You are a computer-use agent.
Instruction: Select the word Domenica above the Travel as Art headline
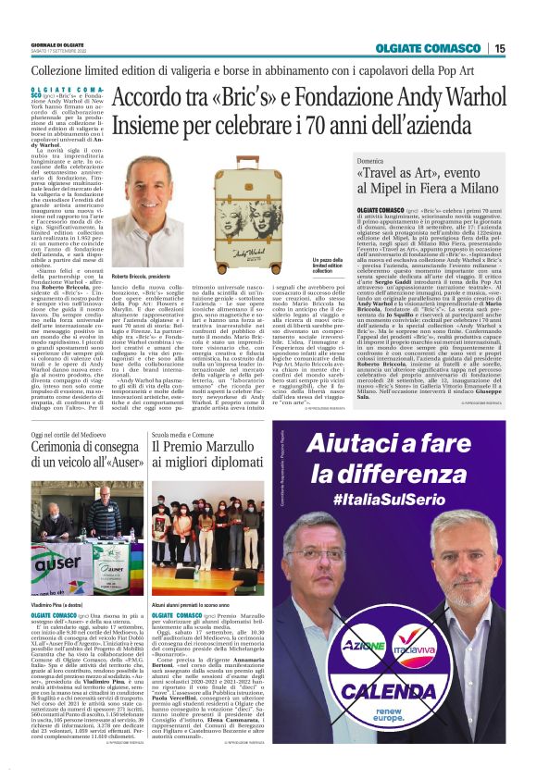click(x=375, y=160)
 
